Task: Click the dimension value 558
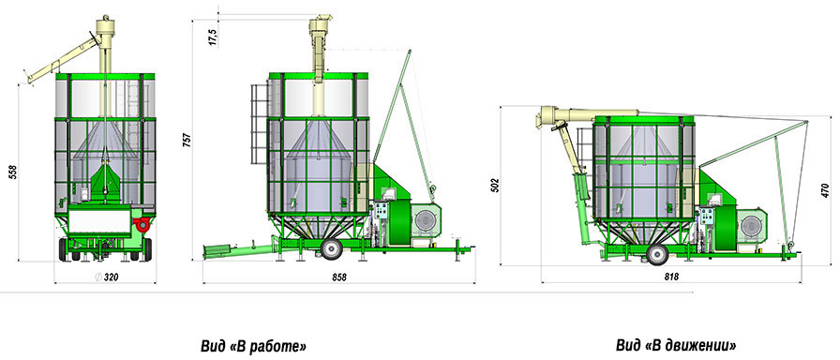click(x=13, y=172)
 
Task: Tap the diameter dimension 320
click(x=107, y=277)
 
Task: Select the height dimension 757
click(x=187, y=140)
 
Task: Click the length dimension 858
click(x=338, y=277)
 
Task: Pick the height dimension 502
click(x=494, y=186)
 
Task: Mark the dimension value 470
click(x=826, y=190)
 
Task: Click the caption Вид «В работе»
click(x=254, y=346)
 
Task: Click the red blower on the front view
click(x=142, y=224)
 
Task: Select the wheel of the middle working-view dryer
click(x=332, y=249)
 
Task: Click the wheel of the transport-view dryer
click(x=657, y=254)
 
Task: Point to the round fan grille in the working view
click(x=426, y=220)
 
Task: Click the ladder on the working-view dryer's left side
click(x=259, y=125)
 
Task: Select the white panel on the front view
click(x=99, y=221)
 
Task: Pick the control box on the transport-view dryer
click(x=708, y=217)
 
